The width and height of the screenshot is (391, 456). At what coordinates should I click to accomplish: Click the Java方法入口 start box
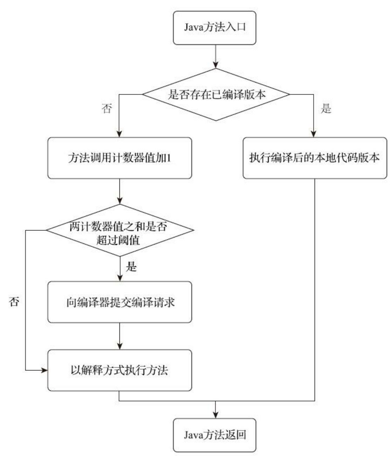(215, 28)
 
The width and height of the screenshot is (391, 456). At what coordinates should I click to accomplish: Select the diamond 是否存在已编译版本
(216, 94)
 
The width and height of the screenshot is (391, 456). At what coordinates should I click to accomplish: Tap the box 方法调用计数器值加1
(120, 158)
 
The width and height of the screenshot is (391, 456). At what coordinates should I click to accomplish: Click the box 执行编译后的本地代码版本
(315, 158)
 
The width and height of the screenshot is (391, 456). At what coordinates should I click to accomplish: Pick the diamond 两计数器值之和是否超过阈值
(120, 230)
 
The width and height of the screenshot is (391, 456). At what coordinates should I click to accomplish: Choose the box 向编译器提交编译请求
(120, 302)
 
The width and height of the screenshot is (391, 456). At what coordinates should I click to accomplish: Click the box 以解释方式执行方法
(120, 370)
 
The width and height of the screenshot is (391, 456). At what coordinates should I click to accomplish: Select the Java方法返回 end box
(215, 435)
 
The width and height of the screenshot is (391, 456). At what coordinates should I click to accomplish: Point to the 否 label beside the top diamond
(107, 108)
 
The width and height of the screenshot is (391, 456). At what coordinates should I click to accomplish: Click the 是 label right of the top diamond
(326, 108)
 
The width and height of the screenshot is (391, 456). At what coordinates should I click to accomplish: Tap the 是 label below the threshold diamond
(131, 267)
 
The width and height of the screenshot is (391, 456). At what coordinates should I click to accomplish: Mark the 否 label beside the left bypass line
(14, 301)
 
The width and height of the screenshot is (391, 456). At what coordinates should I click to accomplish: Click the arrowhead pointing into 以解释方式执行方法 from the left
(44, 370)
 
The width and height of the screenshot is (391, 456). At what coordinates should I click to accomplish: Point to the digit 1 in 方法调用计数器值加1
(169, 158)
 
